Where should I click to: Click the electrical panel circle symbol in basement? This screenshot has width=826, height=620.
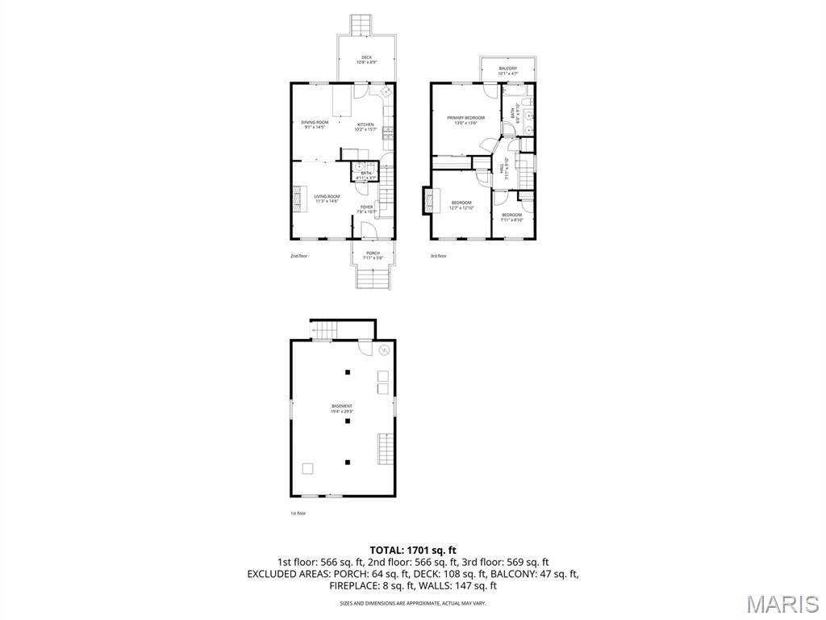pyautogui.click(x=384, y=350)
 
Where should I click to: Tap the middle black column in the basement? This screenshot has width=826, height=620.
pyautogui.click(x=348, y=421)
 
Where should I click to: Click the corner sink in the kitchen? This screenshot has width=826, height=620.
pyautogui.click(x=386, y=93)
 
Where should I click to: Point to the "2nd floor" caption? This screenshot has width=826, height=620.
pyautogui.click(x=299, y=256)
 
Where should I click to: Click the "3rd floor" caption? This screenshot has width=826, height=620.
pyautogui.click(x=438, y=256)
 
